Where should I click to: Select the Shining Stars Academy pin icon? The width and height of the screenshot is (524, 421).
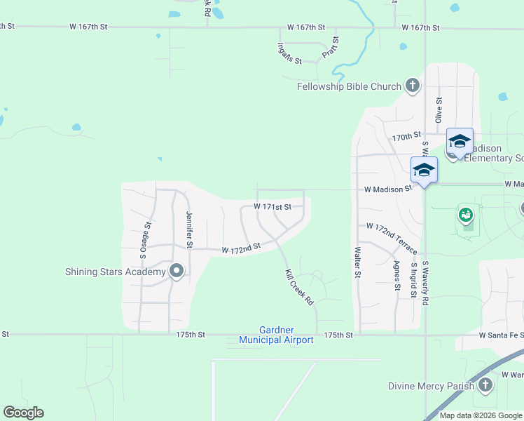pos(177,272)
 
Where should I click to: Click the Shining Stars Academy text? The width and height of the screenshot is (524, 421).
pos(115,272)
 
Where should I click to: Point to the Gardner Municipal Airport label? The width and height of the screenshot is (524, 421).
pos(276,335)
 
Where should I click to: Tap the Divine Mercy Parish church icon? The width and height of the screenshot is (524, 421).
pos(485,385)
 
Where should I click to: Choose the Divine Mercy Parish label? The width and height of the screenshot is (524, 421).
pos(431,386)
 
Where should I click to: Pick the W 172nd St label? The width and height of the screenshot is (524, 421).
pos(241,248)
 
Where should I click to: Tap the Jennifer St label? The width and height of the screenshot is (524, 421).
pos(189,229)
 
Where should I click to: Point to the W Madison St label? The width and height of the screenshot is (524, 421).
pos(387,189)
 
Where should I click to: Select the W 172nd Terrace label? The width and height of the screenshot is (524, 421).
pos(392,239)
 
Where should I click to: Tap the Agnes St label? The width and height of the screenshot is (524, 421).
pos(397,276)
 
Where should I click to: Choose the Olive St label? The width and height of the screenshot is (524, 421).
pos(439,111)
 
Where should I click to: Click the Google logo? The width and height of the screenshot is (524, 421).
pos(23,413)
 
